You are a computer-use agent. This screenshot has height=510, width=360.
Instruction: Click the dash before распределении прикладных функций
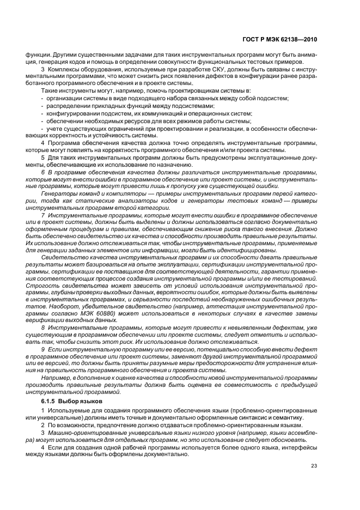point(42,106)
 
